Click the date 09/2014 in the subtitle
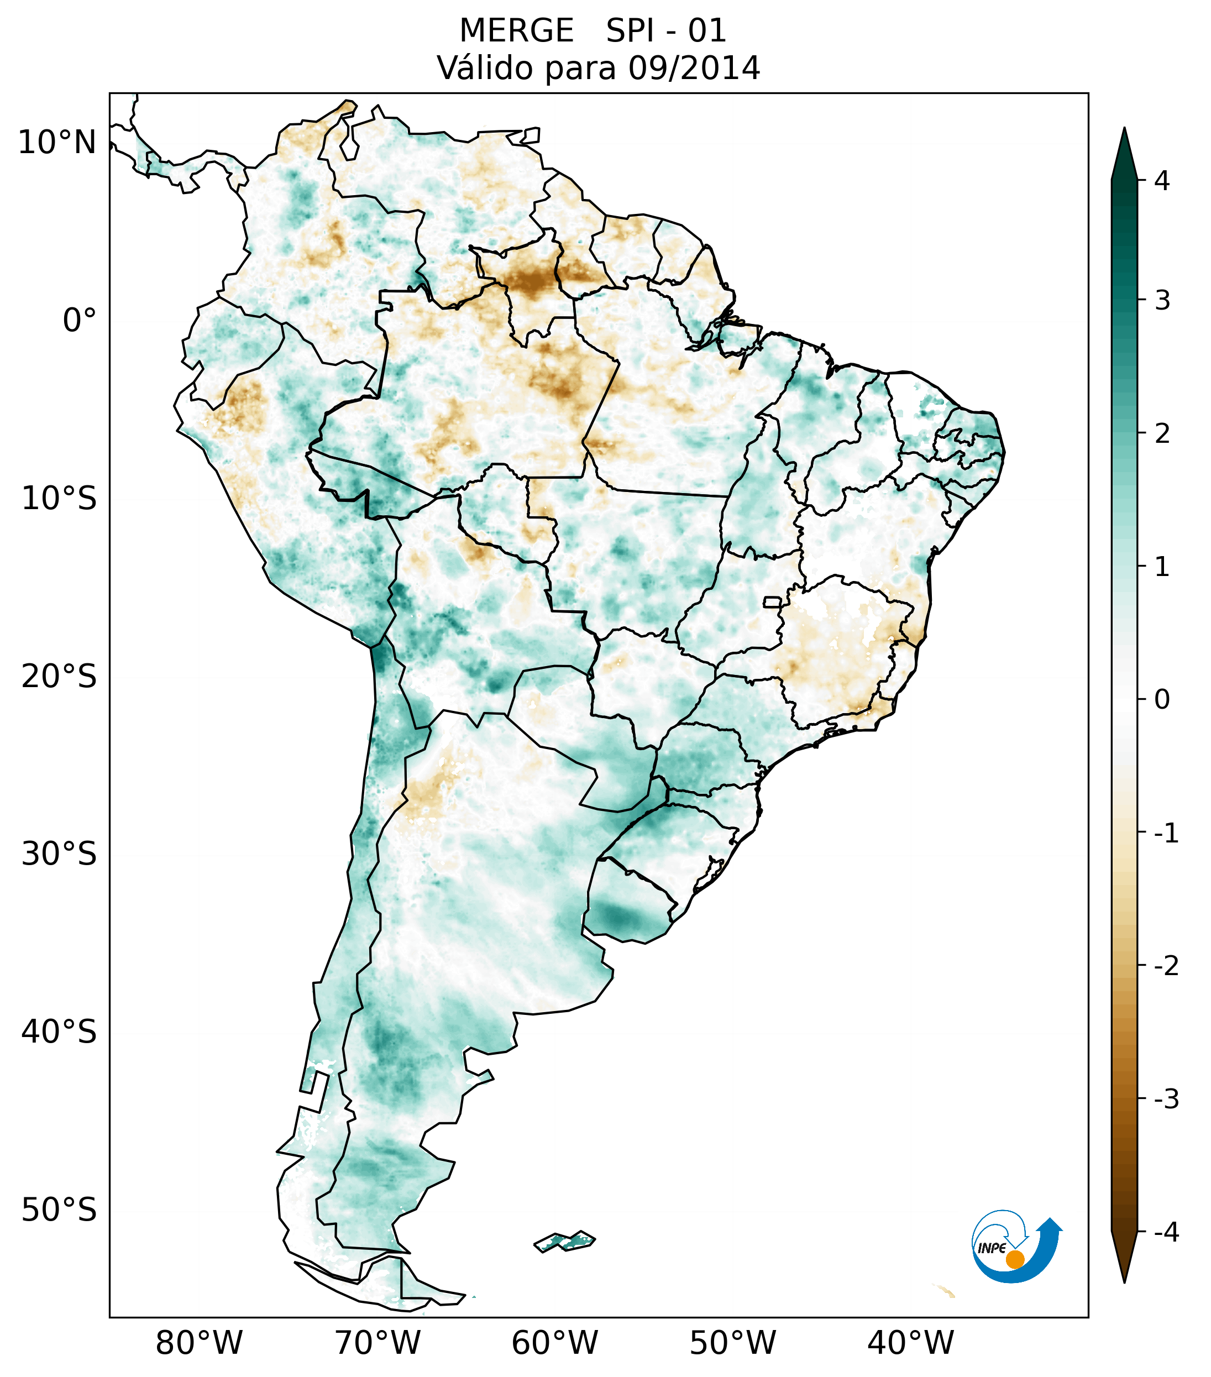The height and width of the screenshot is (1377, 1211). (694, 68)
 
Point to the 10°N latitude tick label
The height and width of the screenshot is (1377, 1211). (57, 143)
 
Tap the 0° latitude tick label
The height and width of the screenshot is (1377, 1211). (80, 321)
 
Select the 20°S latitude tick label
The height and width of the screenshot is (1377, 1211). (59, 677)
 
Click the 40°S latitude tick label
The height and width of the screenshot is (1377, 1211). (59, 1032)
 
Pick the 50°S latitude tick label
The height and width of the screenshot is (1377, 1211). (59, 1211)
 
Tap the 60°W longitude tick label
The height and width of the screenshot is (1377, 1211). (554, 1343)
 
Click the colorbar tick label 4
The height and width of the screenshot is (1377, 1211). (1161, 181)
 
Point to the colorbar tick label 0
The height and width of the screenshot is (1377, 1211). (1161, 700)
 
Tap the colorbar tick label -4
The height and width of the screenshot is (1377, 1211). (1166, 1233)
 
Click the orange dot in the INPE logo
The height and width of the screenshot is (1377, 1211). (1014, 1259)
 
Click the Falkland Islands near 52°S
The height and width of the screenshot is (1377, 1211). (564, 1240)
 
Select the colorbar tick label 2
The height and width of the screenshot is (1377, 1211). (1161, 434)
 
